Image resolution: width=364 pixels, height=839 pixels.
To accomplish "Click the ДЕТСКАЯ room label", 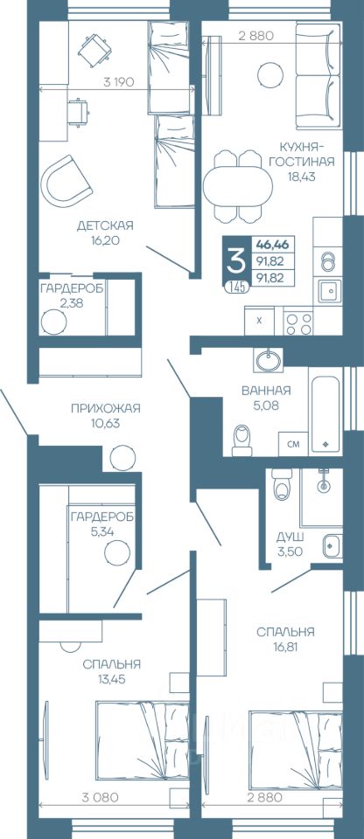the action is (x=104, y=225).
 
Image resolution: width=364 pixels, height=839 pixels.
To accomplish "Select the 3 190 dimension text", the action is (x=118, y=82).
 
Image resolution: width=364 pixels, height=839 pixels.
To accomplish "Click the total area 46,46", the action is (x=272, y=245).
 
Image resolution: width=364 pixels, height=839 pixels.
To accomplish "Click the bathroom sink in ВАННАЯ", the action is (x=266, y=360).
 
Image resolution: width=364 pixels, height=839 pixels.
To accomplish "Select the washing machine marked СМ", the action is (x=293, y=444).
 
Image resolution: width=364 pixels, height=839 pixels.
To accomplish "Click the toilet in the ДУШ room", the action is (x=282, y=483).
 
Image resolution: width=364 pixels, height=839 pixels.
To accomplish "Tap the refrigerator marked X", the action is (x=260, y=321).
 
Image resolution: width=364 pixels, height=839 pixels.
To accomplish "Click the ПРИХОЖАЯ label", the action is (x=106, y=409).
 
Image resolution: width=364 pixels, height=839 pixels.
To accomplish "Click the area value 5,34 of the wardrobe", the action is (x=103, y=532).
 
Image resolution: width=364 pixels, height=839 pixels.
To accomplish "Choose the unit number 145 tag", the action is (x=236, y=287).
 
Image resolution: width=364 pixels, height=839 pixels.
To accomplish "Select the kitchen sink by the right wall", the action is (x=327, y=292).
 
